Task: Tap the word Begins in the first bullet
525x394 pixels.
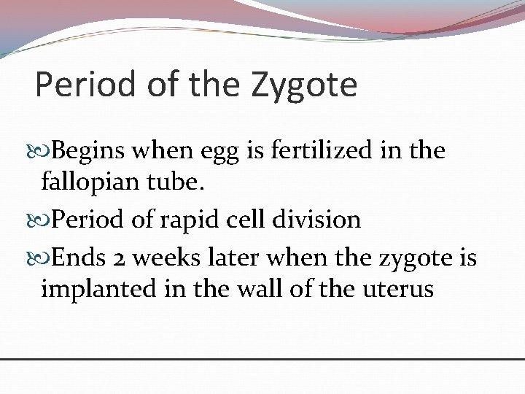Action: click(93, 151)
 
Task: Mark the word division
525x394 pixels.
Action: click(324, 219)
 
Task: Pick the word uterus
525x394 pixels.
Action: click(397, 290)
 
